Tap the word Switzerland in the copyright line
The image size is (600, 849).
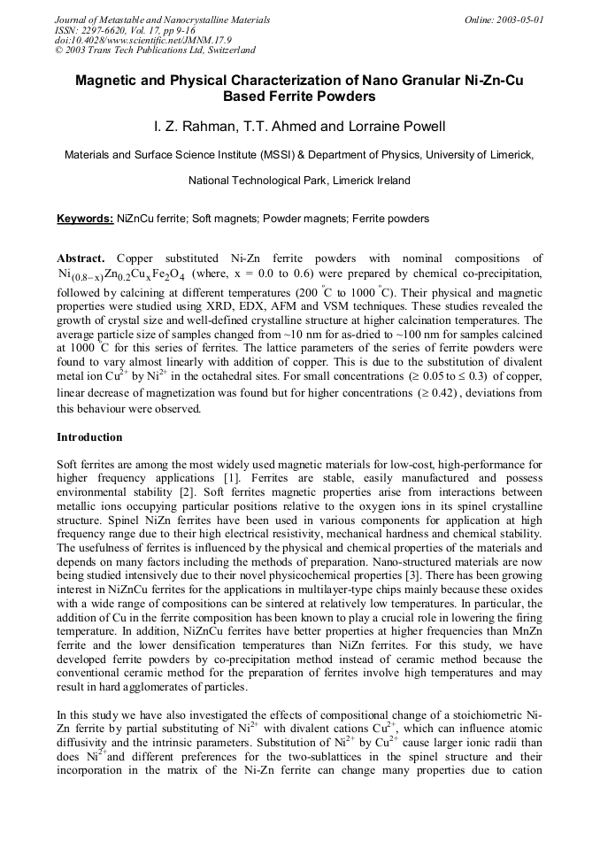(227, 50)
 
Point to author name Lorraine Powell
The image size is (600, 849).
(395, 127)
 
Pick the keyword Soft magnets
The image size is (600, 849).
(223, 219)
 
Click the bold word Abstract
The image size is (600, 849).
(81, 258)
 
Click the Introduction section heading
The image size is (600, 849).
(89, 437)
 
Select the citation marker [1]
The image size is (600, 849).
(251, 478)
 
